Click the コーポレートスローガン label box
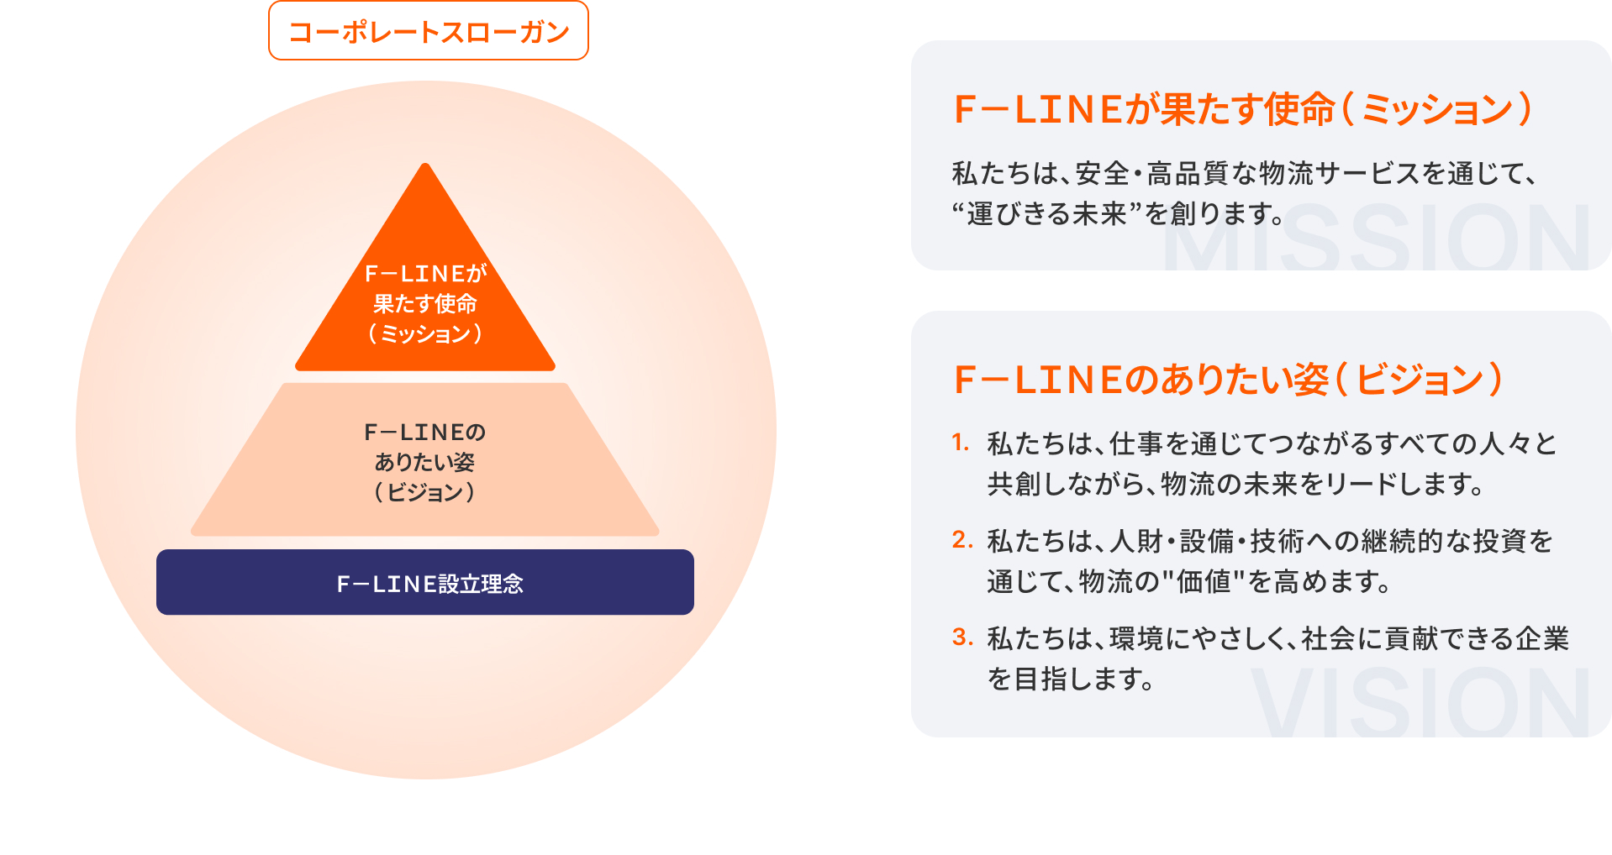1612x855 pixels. (429, 31)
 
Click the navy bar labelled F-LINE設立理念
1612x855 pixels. (425, 582)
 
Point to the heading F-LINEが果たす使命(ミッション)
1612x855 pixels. (1242, 109)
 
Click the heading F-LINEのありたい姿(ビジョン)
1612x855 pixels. (1228, 380)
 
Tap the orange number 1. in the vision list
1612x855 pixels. (961, 443)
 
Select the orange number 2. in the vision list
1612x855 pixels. (961, 540)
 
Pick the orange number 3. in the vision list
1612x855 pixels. (961, 637)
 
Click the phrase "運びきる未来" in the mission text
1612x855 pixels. (1046, 214)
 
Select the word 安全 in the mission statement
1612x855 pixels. (1102, 174)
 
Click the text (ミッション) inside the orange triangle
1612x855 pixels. (425, 334)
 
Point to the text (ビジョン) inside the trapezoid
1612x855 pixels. (425, 492)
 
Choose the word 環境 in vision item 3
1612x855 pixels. (1136, 639)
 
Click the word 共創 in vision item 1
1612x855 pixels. (1014, 485)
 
